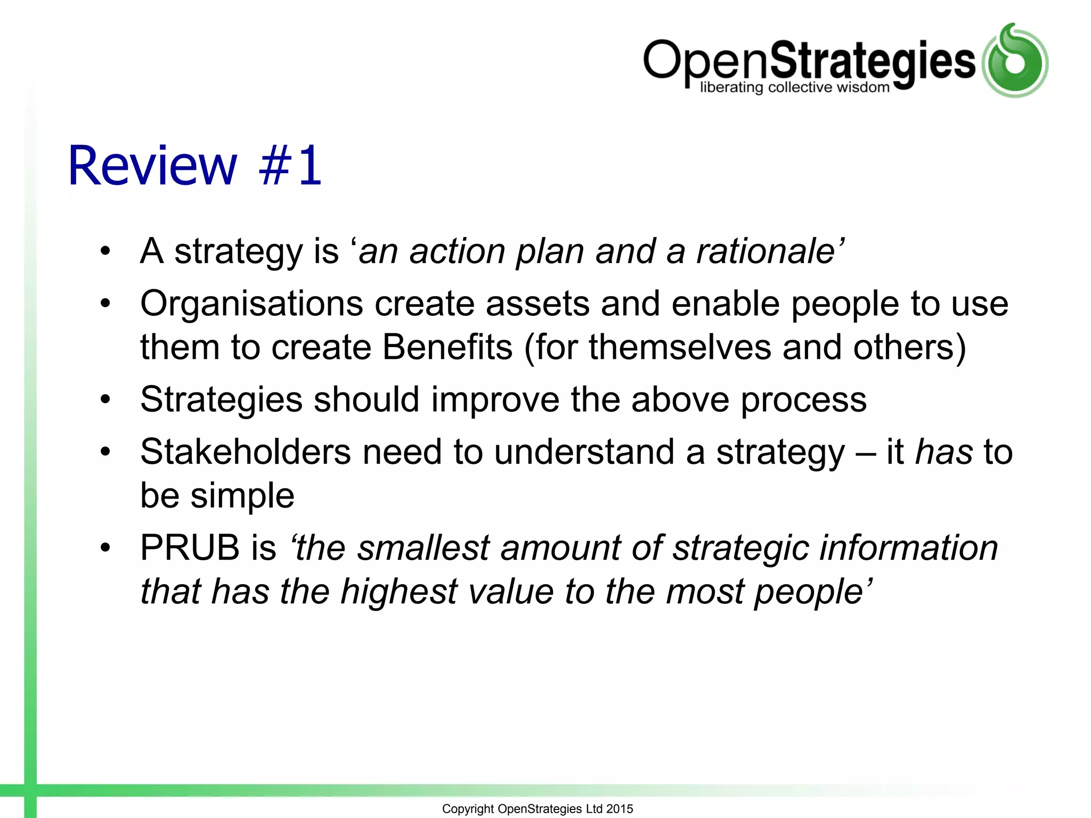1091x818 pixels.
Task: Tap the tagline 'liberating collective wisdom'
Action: click(794, 87)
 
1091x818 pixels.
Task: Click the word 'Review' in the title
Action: click(152, 166)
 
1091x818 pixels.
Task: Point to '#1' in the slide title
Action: click(290, 166)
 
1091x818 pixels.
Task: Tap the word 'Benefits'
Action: click(447, 347)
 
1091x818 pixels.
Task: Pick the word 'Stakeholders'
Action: click(245, 452)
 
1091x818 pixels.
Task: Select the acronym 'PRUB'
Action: click(190, 547)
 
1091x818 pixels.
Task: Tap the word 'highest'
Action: click(399, 591)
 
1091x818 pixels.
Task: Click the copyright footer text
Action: click(537, 808)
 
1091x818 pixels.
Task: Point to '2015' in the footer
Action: click(620, 808)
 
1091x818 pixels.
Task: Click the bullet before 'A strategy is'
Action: click(105, 251)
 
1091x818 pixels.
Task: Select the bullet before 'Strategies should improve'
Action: click(105, 399)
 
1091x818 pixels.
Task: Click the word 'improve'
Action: click(495, 399)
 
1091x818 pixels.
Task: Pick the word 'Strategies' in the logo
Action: click(873, 61)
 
